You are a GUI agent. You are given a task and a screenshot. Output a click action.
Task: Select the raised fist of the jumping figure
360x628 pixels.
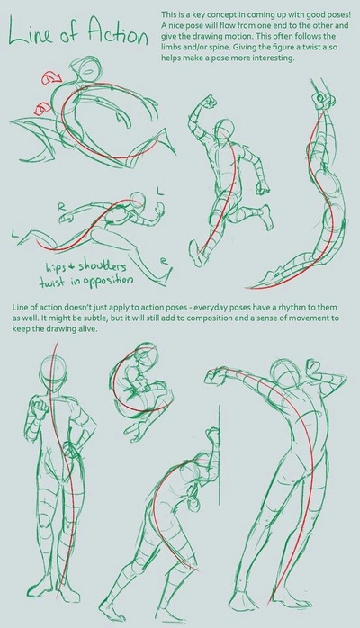[x=211, y=100]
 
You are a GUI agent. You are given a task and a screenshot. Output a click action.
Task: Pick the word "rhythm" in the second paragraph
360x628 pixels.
[x=278, y=310]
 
